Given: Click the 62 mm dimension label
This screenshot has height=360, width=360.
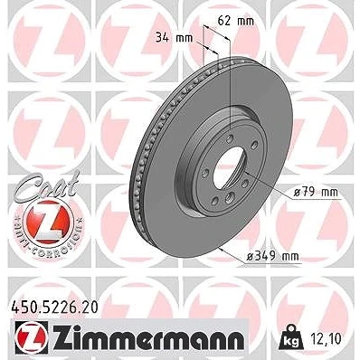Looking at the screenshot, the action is coord(235,21).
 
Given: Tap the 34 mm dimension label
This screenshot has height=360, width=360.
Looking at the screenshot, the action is coord(174,38).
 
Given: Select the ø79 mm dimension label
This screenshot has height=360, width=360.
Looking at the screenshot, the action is coord(316,192).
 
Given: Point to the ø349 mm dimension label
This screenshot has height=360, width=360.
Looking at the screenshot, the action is coord(272,256).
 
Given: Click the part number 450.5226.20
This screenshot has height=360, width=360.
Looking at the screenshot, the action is coord(54,308).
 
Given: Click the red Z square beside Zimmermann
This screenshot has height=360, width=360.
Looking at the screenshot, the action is coord(31,337).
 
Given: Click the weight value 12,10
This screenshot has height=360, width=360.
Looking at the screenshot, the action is coord(326,338).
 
